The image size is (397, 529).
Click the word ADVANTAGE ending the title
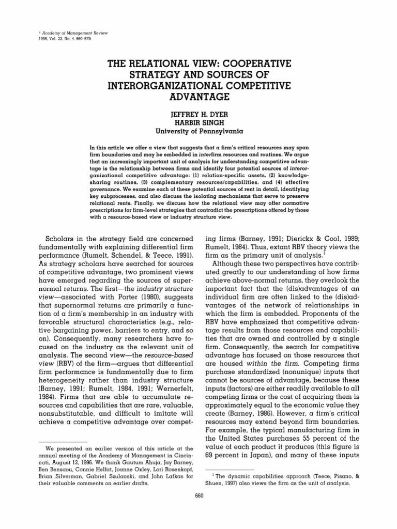[x=198, y=97]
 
